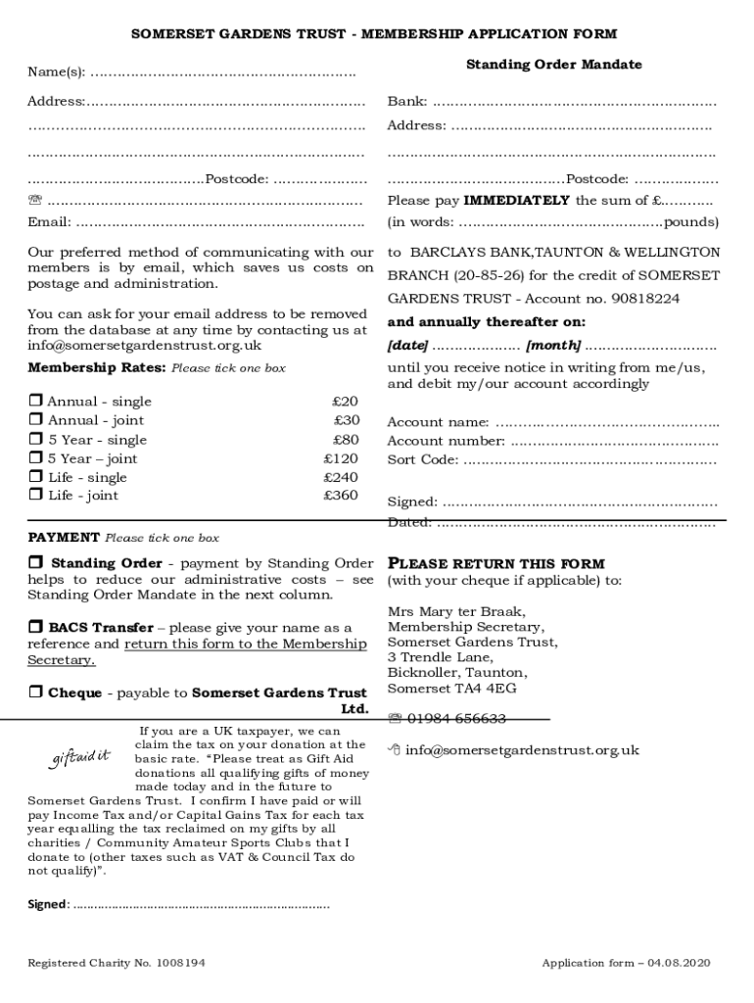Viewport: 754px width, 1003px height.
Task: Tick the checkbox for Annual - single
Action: click(35, 402)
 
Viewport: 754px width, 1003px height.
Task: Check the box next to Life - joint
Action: click(35, 496)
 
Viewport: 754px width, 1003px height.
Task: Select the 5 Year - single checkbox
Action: click(35, 440)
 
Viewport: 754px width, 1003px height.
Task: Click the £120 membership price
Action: click(341, 458)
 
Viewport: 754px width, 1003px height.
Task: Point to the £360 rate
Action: click(341, 496)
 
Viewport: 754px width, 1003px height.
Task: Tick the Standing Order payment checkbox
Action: click(36, 563)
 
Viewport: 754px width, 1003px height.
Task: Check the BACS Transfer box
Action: click(35, 627)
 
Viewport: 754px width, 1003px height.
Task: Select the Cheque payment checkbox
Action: click(35, 693)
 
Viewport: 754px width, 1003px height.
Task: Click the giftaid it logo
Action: click(80, 757)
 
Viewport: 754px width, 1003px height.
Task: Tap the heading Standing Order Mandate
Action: click(553, 65)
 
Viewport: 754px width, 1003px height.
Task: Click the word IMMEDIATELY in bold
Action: click(516, 201)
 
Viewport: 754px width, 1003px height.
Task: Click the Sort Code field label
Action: click(422, 459)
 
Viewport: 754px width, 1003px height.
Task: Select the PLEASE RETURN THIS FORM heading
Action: click(496, 564)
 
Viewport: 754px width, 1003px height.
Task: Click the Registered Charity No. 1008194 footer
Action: click(117, 964)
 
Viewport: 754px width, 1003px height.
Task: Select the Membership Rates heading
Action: click(97, 368)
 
